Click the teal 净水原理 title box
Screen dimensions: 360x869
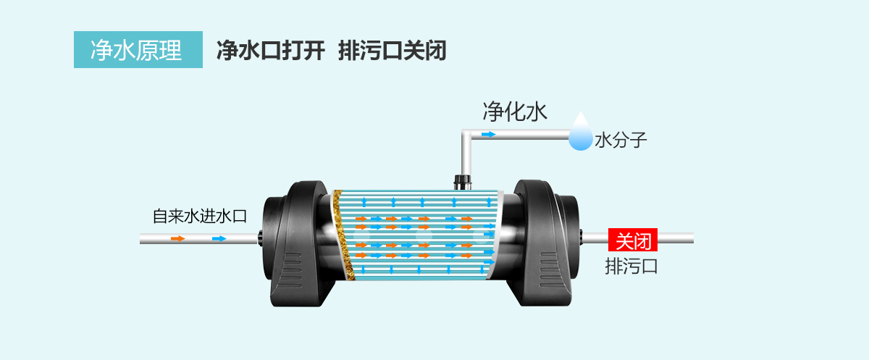[x=138, y=50]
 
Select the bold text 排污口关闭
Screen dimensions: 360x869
[x=391, y=50]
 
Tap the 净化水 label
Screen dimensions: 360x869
[x=515, y=112]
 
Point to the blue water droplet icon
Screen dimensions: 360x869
[x=580, y=133]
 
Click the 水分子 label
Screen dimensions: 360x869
[x=620, y=140]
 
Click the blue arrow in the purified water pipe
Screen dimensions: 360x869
[x=489, y=135]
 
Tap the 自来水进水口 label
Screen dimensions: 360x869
[x=200, y=216]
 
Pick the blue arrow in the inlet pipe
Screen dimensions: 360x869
[x=219, y=238]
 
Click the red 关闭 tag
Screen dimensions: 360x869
[x=633, y=240]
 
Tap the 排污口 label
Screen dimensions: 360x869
[x=631, y=266]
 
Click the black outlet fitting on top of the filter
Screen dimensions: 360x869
[x=462, y=180]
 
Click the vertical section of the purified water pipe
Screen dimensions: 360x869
[x=466, y=156]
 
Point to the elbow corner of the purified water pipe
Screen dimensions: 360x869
[x=466, y=135]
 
